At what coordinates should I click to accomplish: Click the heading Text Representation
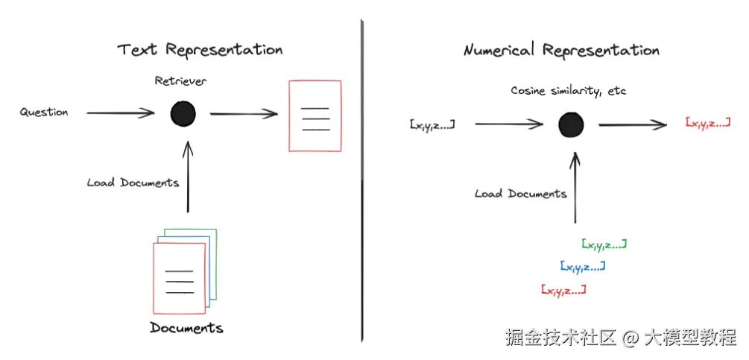[x=200, y=50]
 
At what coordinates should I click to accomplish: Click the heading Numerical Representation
[x=561, y=50]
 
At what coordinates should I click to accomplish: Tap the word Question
[x=44, y=113]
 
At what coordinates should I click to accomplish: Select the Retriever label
[x=180, y=80]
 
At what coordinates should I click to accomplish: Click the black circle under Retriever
[x=183, y=114]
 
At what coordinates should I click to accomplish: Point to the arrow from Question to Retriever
[x=120, y=113]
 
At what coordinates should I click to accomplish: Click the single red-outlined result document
[x=315, y=116]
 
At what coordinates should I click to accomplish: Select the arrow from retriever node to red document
[x=243, y=114]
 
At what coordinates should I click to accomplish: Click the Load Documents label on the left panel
[x=133, y=182]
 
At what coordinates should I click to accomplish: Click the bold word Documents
[x=186, y=328]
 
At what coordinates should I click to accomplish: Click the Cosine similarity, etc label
[x=568, y=91]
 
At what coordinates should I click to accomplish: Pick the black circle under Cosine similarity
[x=571, y=124]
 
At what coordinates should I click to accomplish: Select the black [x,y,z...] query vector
[x=432, y=124]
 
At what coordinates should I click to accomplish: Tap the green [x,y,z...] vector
[x=604, y=244]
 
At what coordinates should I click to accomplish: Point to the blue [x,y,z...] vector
[x=582, y=266]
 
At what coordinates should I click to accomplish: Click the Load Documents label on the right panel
[x=520, y=194]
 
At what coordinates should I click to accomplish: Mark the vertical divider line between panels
[x=362, y=179]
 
